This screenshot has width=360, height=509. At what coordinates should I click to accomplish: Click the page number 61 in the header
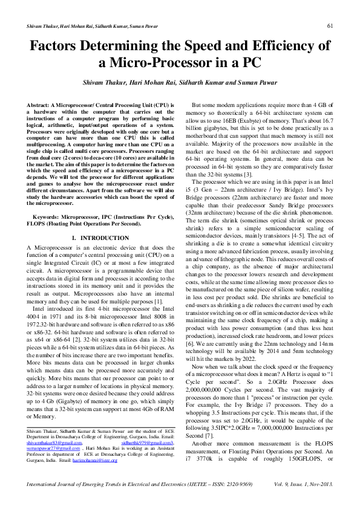[330, 25]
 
